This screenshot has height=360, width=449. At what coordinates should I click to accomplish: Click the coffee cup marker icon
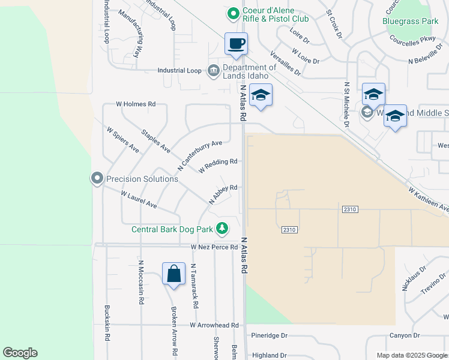coord(236,44)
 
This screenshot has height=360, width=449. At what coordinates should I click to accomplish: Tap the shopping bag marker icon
coord(173,274)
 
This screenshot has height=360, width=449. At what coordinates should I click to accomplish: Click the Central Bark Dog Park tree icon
coord(223,228)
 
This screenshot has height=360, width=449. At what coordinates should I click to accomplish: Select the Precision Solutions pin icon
coord(97,178)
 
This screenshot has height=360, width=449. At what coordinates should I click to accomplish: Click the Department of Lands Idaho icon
coord(213,71)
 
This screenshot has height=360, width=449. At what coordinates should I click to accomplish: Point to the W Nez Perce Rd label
coord(214,247)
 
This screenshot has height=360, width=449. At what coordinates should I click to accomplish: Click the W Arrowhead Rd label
coord(214,325)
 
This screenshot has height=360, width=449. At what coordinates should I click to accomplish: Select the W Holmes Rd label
coord(135,104)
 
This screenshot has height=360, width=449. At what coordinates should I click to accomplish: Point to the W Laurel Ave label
coord(139,200)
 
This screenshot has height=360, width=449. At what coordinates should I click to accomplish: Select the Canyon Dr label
coord(404,335)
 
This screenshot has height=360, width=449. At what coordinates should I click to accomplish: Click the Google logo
coord(20,353)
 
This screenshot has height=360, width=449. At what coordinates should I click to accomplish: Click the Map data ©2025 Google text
coord(412,355)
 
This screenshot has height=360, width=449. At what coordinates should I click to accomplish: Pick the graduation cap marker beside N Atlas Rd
coord(261,95)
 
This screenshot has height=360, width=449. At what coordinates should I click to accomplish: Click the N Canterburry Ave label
coord(200,154)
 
